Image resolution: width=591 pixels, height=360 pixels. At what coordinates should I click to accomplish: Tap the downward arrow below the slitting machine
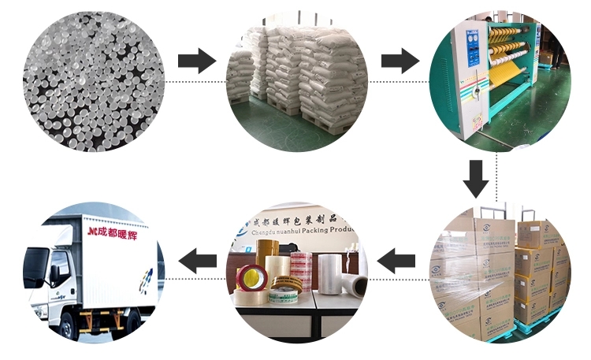point(475,178)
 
